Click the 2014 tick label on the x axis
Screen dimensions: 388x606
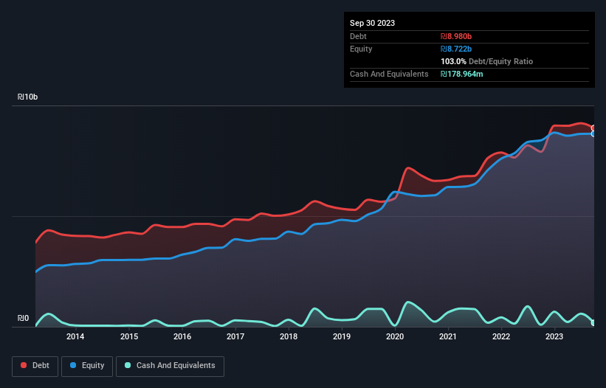coord(75,337)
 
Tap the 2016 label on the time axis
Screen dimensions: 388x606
coord(182,337)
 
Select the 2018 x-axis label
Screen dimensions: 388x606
coord(289,337)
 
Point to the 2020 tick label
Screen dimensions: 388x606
coord(395,337)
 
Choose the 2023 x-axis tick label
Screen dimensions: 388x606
coord(554,337)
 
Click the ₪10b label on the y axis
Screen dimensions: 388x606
coord(28,97)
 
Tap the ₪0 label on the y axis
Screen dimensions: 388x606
coord(24,319)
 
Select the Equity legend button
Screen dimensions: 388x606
coord(87,365)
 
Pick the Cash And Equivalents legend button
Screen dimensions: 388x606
coord(170,365)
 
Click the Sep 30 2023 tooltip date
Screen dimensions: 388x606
coord(372,23)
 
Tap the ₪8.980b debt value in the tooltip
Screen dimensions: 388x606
coord(456,36)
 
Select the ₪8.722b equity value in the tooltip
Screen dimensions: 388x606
coord(456,49)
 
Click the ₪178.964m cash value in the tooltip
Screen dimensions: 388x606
coord(461,74)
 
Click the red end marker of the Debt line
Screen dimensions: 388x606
coord(593,128)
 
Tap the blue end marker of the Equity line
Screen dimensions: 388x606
coord(593,134)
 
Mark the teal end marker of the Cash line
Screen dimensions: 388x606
coord(593,322)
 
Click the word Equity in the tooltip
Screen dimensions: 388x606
coord(361,49)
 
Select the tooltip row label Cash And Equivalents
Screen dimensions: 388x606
coord(389,74)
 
